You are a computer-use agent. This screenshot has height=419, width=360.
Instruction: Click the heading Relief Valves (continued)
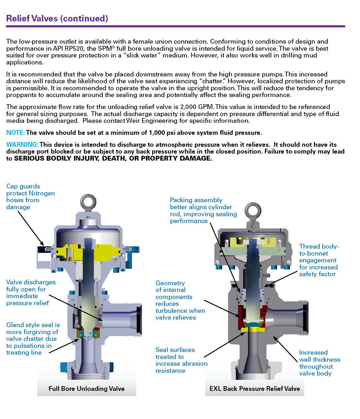click(x=57, y=19)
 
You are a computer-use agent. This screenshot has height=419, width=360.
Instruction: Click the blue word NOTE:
click(x=15, y=132)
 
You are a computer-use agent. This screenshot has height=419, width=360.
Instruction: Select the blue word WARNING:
click(x=22, y=144)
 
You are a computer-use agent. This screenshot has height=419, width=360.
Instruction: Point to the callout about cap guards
click(x=30, y=197)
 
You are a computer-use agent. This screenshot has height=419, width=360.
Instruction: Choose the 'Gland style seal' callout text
click(x=33, y=338)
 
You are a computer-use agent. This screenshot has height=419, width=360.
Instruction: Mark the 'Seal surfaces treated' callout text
click(x=181, y=360)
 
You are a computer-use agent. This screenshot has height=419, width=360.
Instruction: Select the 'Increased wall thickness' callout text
click(x=319, y=363)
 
